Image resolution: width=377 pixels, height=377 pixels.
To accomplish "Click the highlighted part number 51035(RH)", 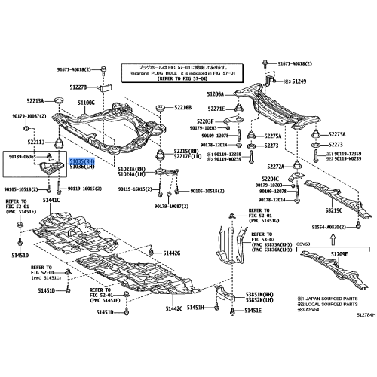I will [x=83, y=161].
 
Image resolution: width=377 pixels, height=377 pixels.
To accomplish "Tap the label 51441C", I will [x=51, y=201].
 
